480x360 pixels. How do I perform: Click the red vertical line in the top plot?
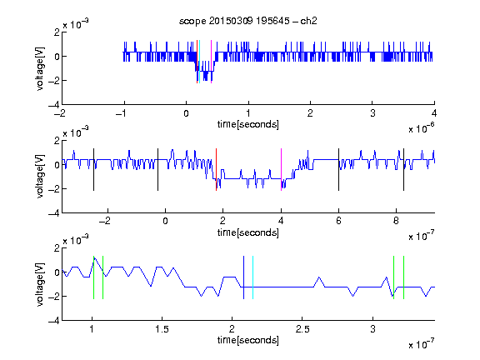[197, 62]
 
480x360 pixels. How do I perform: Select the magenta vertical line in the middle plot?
[281, 170]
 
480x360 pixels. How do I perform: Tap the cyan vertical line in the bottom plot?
[252, 277]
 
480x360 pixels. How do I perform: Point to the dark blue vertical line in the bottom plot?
[243, 277]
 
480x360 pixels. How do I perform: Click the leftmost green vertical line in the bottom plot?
[93, 277]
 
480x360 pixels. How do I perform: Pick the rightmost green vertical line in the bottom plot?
[404, 277]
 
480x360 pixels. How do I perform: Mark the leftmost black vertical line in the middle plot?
[93, 170]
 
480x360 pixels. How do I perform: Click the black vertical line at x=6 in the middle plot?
[338, 170]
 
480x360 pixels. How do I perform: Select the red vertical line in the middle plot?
[216, 170]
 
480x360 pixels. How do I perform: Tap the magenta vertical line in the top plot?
[211, 62]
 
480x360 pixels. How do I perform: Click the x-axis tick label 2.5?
[302, 329]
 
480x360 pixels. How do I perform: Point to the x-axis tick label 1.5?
[162, 329]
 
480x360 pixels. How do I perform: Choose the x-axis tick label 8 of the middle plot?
[396, 221]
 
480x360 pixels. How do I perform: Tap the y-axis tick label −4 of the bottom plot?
[54, 321]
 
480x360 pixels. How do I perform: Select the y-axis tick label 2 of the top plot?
[57, 32]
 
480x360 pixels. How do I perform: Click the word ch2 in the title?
[308, 21]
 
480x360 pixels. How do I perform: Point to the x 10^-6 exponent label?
[422, 128]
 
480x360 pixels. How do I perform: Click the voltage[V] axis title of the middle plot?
[40, 177]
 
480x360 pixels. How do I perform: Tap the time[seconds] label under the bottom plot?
[248, 340]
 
